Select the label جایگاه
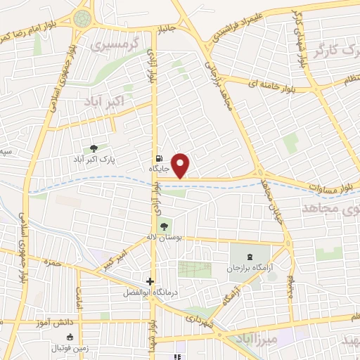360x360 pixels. (158, 169)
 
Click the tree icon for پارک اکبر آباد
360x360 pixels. (92, 148)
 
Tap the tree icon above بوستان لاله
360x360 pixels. (164, 226)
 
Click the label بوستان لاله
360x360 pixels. (165, 238)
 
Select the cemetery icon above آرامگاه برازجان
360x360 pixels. (253, 257)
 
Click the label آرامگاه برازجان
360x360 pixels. (253, 269)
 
